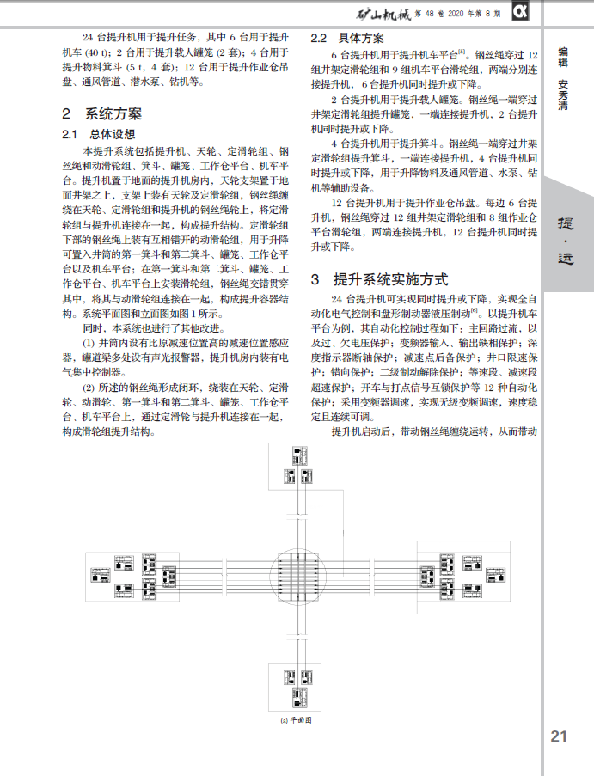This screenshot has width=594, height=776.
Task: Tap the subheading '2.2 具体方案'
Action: pyautogui.click(x=347, y=39)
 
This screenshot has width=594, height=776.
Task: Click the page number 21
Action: pyautogui.click(x=559, y=736)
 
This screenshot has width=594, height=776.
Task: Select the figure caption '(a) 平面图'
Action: pyautogui.click(x=296, y=720)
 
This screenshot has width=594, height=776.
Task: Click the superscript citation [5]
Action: pyautogui.click(x=462, y=51)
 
